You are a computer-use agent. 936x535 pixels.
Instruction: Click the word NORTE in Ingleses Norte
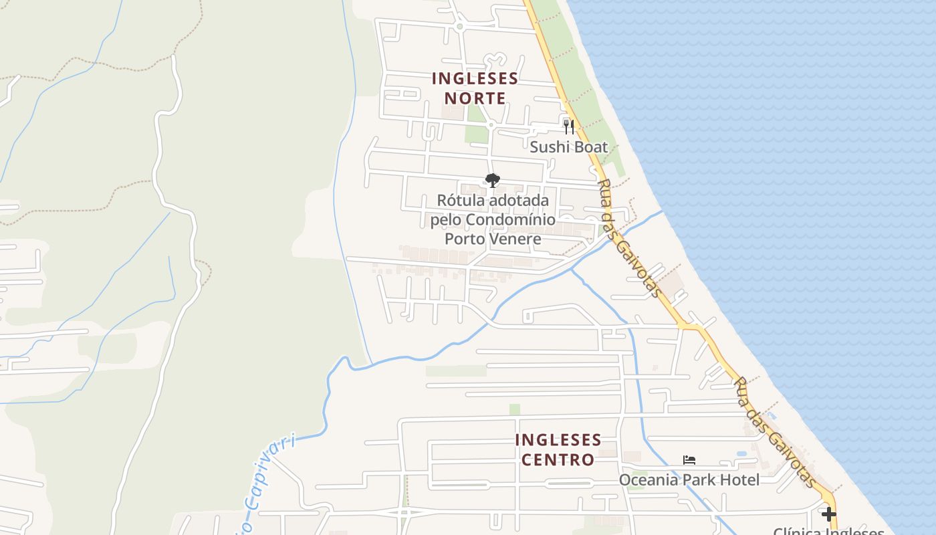pos(475,98)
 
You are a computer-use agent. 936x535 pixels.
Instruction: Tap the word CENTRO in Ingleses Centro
pos(558,460)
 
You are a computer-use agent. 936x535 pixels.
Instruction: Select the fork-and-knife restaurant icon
pos(569,126)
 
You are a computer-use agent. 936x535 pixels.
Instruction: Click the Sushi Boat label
pos(569,147)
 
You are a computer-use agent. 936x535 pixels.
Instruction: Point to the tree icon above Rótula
pos(493,181)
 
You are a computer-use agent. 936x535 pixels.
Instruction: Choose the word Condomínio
pos(510,219)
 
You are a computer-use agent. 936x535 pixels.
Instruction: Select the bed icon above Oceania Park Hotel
pos(689,460)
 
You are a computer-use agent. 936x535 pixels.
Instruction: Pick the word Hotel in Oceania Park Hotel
pos(738,480)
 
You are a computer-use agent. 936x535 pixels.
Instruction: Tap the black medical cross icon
pos(829,514)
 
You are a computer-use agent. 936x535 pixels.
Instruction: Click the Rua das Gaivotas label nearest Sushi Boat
pos(628,237)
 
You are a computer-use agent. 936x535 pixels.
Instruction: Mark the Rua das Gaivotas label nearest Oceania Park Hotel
pos(776,431)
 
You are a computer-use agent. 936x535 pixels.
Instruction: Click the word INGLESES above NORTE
pos(475,78)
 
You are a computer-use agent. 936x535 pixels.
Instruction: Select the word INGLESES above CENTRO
pos(558,441)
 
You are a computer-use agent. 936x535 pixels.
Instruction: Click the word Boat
pos(592,147)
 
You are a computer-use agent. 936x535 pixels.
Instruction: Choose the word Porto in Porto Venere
pos(466,239)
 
